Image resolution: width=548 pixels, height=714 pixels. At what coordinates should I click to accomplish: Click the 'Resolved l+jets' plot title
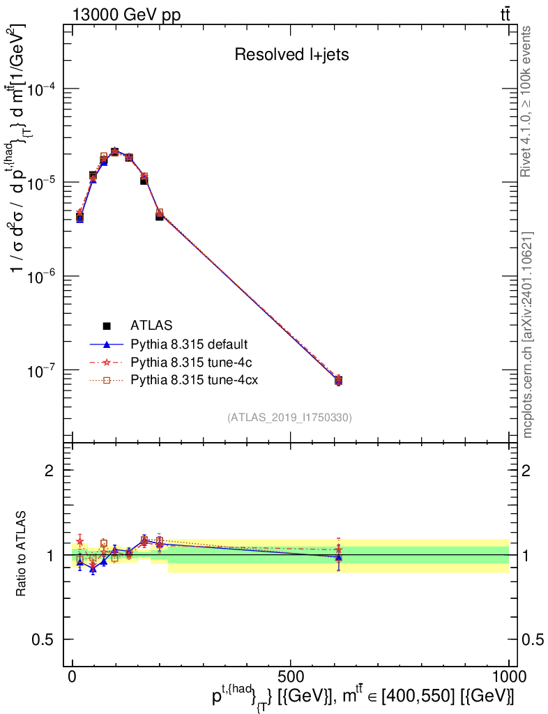tap(291, 54)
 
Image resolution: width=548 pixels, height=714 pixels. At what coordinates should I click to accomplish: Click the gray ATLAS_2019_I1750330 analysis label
tap(289, 418)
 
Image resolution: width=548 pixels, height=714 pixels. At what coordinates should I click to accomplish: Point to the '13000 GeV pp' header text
tap(126, 15)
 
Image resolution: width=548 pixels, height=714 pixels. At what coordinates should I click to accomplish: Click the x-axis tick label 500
tap(291, 676)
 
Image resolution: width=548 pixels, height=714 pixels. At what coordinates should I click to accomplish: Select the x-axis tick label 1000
tap(508, 676)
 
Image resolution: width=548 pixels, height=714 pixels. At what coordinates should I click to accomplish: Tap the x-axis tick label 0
tap(73, 676)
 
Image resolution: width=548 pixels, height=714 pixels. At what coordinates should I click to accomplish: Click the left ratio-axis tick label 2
tap(49, 471)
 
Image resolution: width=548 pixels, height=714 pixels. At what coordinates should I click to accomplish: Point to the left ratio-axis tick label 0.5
tap(43, 640)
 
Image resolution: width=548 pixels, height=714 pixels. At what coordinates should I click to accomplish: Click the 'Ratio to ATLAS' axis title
tap(21, 554)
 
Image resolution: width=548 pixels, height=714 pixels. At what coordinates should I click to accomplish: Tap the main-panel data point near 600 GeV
tap(339, 381)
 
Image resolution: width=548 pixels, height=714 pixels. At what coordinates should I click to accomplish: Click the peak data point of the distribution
tap(115, 151)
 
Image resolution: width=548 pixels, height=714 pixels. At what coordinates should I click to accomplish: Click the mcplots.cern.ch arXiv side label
tap(527, 335)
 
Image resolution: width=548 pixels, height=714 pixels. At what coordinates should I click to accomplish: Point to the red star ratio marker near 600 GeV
tap(338, 550)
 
